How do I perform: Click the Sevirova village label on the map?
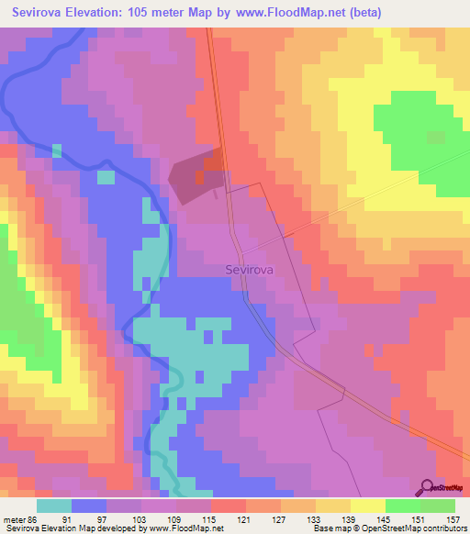click(x=251, y=270)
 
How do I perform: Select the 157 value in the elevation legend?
click(x=453, y=519)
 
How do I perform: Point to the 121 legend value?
click(x=243, y=519)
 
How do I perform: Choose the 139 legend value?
click(x=348, y=519)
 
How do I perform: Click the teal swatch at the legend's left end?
click(x=54, y=506)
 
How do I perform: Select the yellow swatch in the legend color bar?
click(x=367, y=506)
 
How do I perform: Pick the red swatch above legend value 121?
click(x=228, y=506)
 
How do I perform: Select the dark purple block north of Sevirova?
click(x=195, y=176)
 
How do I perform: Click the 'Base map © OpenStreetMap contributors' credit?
click(x=386, y=528)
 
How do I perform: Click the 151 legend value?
click(x=419, y=519)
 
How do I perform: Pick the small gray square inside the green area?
click(x=437, y=137)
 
